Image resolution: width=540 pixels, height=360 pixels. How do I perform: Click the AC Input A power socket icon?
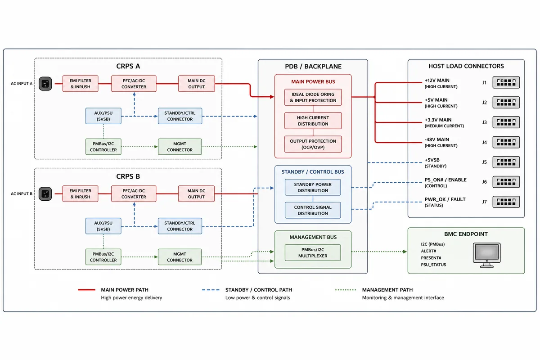click(x=45, y=84)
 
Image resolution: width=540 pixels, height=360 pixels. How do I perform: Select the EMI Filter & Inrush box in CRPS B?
click(x=80, y=193)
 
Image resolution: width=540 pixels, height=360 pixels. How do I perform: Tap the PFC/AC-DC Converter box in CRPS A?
click(x=134, y=84)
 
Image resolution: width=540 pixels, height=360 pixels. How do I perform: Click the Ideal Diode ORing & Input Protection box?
click(x=313, y=97)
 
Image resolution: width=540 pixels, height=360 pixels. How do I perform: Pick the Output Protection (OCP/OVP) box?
click(x=313, y=144)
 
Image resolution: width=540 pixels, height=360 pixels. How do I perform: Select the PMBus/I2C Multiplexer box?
click(x=313, y=253)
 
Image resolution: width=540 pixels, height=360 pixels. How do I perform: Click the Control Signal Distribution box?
click(x=313, y=210)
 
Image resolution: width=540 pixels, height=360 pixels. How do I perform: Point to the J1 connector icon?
click(x=506, y=82)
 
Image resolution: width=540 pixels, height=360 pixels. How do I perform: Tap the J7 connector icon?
click(x=506, y=202)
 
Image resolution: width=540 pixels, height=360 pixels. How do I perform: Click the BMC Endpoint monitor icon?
click(x=487, y=255)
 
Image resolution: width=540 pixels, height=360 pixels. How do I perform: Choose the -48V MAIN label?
click(x=437, y=139)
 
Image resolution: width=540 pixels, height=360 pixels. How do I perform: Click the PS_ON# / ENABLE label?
click(x=445, y=180)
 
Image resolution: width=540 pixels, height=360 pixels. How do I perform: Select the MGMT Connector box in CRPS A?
click(x=180, y=147)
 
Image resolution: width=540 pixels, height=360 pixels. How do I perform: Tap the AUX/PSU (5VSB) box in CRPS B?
click(x=103, y=226)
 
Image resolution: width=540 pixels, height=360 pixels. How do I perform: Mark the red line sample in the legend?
click(x=87, y=290)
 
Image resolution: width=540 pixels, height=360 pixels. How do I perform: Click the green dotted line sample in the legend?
click(x=346, y=290)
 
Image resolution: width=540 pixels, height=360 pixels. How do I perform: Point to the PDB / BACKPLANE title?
click(x=313, y=66)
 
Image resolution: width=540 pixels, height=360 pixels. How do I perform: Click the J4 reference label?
click(x=485, y=142)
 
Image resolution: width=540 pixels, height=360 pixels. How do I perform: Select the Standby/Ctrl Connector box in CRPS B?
click(x=180, y=226)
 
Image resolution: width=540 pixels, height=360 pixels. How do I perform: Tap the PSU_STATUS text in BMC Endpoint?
click(x=433, y=265)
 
